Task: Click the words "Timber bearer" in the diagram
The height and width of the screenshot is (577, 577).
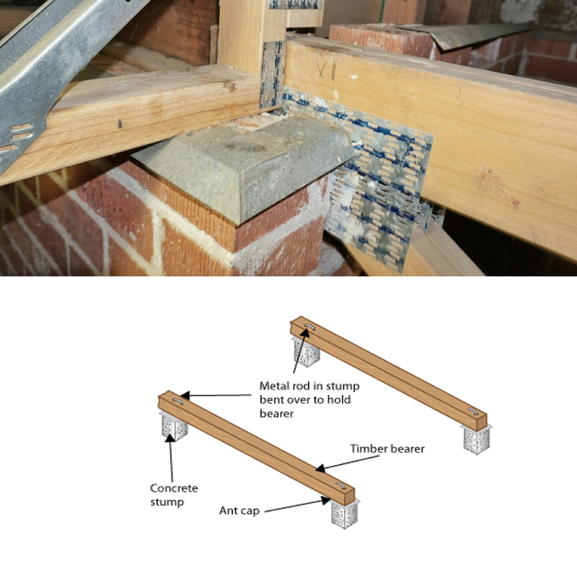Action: [387, 448]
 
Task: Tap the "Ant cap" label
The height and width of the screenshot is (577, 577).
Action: [239, 511]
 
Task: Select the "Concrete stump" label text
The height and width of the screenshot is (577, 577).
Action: [174, 495]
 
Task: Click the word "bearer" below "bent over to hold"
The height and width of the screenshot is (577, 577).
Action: [276, 414]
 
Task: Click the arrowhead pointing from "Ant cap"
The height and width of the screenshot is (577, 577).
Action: [325, 500]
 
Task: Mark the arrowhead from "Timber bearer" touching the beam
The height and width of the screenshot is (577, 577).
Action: [320, 469]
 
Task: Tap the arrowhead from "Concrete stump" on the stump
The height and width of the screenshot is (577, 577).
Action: [169, 438]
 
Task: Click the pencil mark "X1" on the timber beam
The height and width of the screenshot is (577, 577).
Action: [326, 70]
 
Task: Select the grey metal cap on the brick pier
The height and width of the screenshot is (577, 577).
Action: [243, 164]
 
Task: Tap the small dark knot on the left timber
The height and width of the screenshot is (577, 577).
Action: [119, 123]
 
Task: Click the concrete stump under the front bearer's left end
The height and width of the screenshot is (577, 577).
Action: [174, 426]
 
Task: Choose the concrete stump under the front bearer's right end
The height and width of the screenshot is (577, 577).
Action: [344, 514]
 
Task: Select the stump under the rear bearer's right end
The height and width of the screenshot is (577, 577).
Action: [477, 439]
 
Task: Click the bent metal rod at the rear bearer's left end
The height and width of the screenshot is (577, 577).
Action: [308, 327]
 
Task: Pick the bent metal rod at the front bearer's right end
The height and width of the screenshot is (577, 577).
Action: [340, 485]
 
